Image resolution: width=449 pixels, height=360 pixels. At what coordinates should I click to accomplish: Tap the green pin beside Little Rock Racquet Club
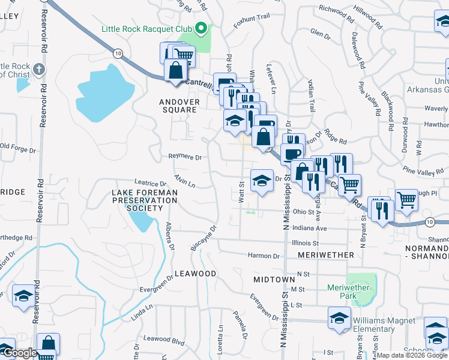coord(202,28)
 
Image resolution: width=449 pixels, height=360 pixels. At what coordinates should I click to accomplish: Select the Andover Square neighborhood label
coord(179,106)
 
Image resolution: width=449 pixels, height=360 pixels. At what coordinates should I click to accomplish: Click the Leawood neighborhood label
coord(195,273)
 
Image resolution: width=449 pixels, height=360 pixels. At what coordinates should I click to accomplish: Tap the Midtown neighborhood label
coord(274,280)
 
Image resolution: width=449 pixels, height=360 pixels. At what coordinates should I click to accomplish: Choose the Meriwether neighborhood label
coord(326,255)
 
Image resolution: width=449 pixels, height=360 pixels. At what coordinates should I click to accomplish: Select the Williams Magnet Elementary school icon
coord(339,319)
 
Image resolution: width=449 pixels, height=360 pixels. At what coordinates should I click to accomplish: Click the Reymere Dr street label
coord(184,157)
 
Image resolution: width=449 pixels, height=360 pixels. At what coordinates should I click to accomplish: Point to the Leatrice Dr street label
coord(150,183)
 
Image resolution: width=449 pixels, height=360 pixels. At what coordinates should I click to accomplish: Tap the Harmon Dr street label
coord(264,256)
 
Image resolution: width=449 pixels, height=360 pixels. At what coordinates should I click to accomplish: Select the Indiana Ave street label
coord(310,229)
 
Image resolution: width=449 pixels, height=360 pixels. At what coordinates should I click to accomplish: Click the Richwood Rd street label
coord(333,9)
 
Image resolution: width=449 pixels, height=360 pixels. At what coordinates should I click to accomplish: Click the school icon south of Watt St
coord(262,181)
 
